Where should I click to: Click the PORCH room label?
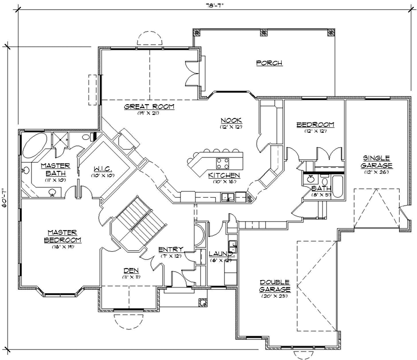tap(269, 63)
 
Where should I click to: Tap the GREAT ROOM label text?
tap(149, 106)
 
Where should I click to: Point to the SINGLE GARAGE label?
tap(377, 162)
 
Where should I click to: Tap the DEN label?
tap(130, 270)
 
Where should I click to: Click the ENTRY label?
tap(170, 249)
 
